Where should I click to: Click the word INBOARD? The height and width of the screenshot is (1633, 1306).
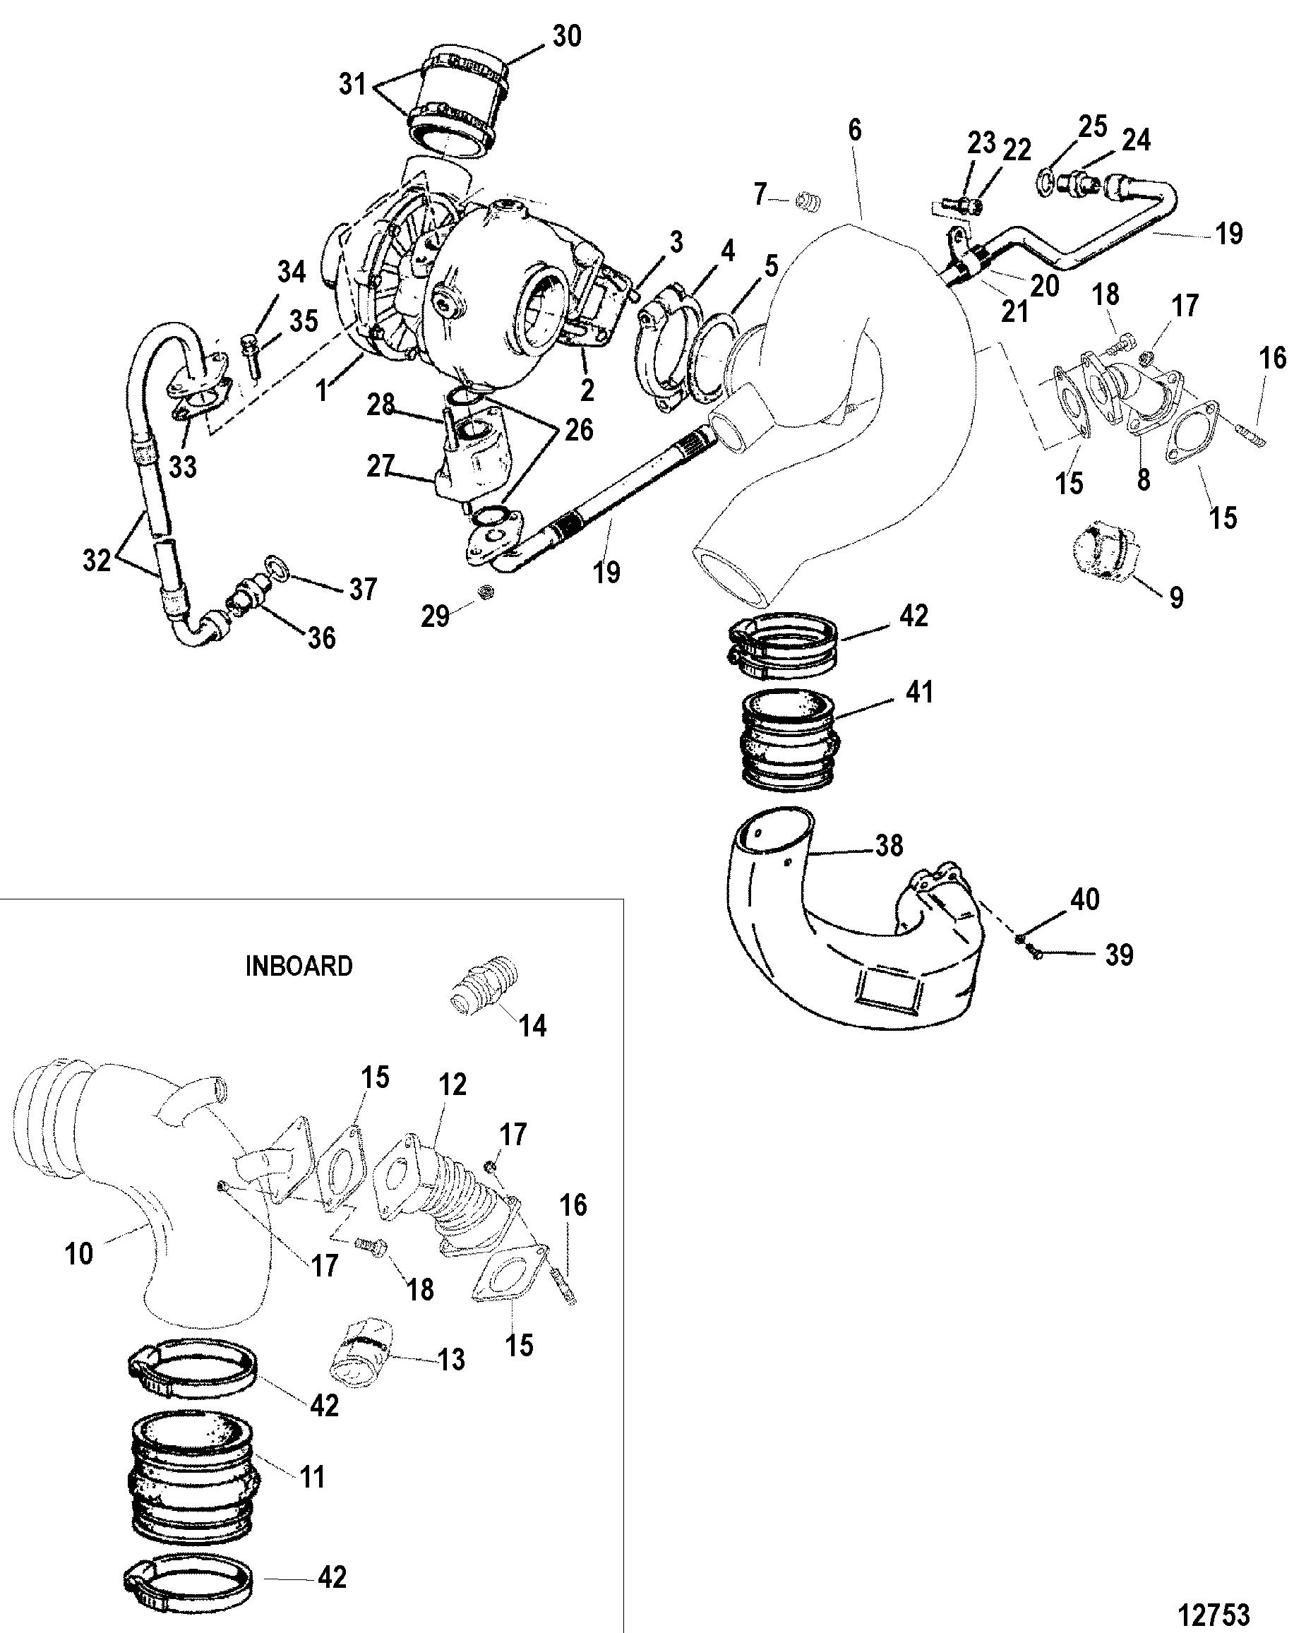tap(299, 966)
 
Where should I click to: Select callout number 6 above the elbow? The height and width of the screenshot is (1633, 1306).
tap(854, 131)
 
